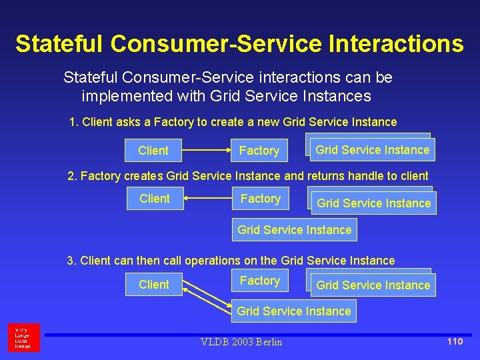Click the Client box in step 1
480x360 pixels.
(153, 151)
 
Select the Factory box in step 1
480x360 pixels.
(259, 151)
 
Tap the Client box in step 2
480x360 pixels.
(155, 199)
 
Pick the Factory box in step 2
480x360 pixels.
(260, 199)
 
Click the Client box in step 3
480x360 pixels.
(154, 285)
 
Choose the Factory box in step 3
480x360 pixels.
(260, 281)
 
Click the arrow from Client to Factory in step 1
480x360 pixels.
(207, 151)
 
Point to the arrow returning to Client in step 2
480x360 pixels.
(207, 199)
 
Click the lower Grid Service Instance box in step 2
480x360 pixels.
(294, 230)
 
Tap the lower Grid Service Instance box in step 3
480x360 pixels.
(294, 311)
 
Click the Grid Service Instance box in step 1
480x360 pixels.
(372, 150)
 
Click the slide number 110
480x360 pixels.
(455, 341)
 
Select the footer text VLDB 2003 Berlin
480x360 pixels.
(241, 342)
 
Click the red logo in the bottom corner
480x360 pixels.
(24, 337)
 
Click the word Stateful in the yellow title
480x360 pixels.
(59, 44)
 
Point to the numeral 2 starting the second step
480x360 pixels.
(71, 176)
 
